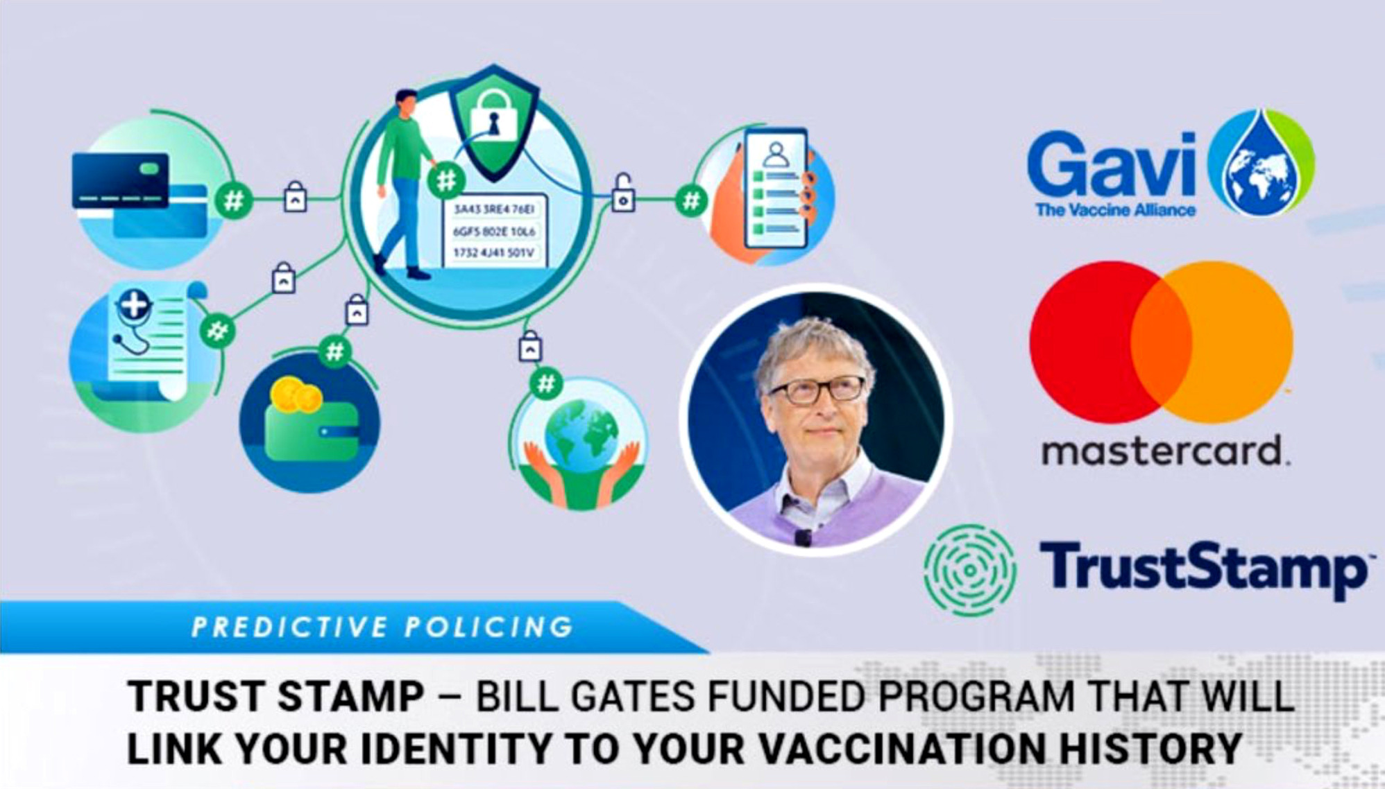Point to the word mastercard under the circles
coord(1165,451)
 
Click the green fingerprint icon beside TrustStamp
coord(970,570)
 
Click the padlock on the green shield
coord(493,116)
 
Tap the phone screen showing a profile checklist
coord(776,187)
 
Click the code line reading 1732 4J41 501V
coord(493,252)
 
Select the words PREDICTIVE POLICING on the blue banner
coord(382,627)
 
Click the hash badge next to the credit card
coord(233,201)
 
